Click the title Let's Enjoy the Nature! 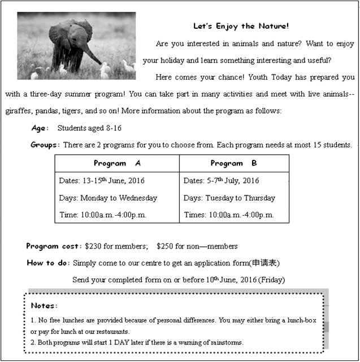click(241, 26)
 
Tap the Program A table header click(117, 163)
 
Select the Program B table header click(233, 163)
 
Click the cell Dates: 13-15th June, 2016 click(102, 181)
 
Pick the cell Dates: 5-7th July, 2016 click(222, 181)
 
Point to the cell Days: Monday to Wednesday click(108, 198)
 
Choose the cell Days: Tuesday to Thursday click(229, 198)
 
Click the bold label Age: click(40, 128)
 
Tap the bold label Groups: click(45, 145)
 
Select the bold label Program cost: click(54, 246)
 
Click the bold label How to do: click(49, 263)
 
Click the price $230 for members click(116, 246)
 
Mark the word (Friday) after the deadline click(272, 280)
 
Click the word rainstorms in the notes click(225, 342)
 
